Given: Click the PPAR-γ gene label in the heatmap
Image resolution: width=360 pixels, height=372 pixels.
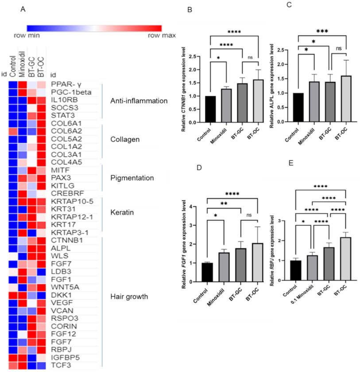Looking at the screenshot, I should pos(62,84).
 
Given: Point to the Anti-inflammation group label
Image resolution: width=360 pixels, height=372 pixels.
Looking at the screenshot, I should pos(139,101).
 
